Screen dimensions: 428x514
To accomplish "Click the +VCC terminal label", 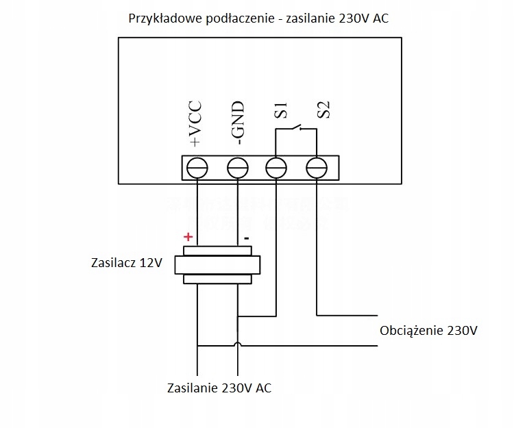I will click(195, 125).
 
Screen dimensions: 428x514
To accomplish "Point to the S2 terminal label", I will click(323, 110).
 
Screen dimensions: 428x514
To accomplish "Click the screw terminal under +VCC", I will click(197, 168).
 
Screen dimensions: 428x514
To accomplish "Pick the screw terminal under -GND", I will click(237, 168).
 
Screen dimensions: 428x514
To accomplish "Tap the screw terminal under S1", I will click(276, 168).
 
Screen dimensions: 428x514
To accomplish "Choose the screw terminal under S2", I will click(316, 168).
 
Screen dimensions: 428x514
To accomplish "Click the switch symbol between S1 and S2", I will click(296, 129).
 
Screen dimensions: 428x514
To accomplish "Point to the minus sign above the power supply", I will click(246, 238).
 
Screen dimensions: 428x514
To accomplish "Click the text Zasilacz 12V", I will click(127, 262).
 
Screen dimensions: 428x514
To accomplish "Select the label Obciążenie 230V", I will click(428, 331).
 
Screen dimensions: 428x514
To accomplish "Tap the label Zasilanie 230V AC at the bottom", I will click(219, 388).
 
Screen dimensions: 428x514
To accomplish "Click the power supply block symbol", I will click(217, 265).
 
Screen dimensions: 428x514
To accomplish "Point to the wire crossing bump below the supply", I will click(237, 344).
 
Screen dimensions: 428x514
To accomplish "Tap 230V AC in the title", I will click(364, 18).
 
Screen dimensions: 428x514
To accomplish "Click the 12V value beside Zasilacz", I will click(152, 262).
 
